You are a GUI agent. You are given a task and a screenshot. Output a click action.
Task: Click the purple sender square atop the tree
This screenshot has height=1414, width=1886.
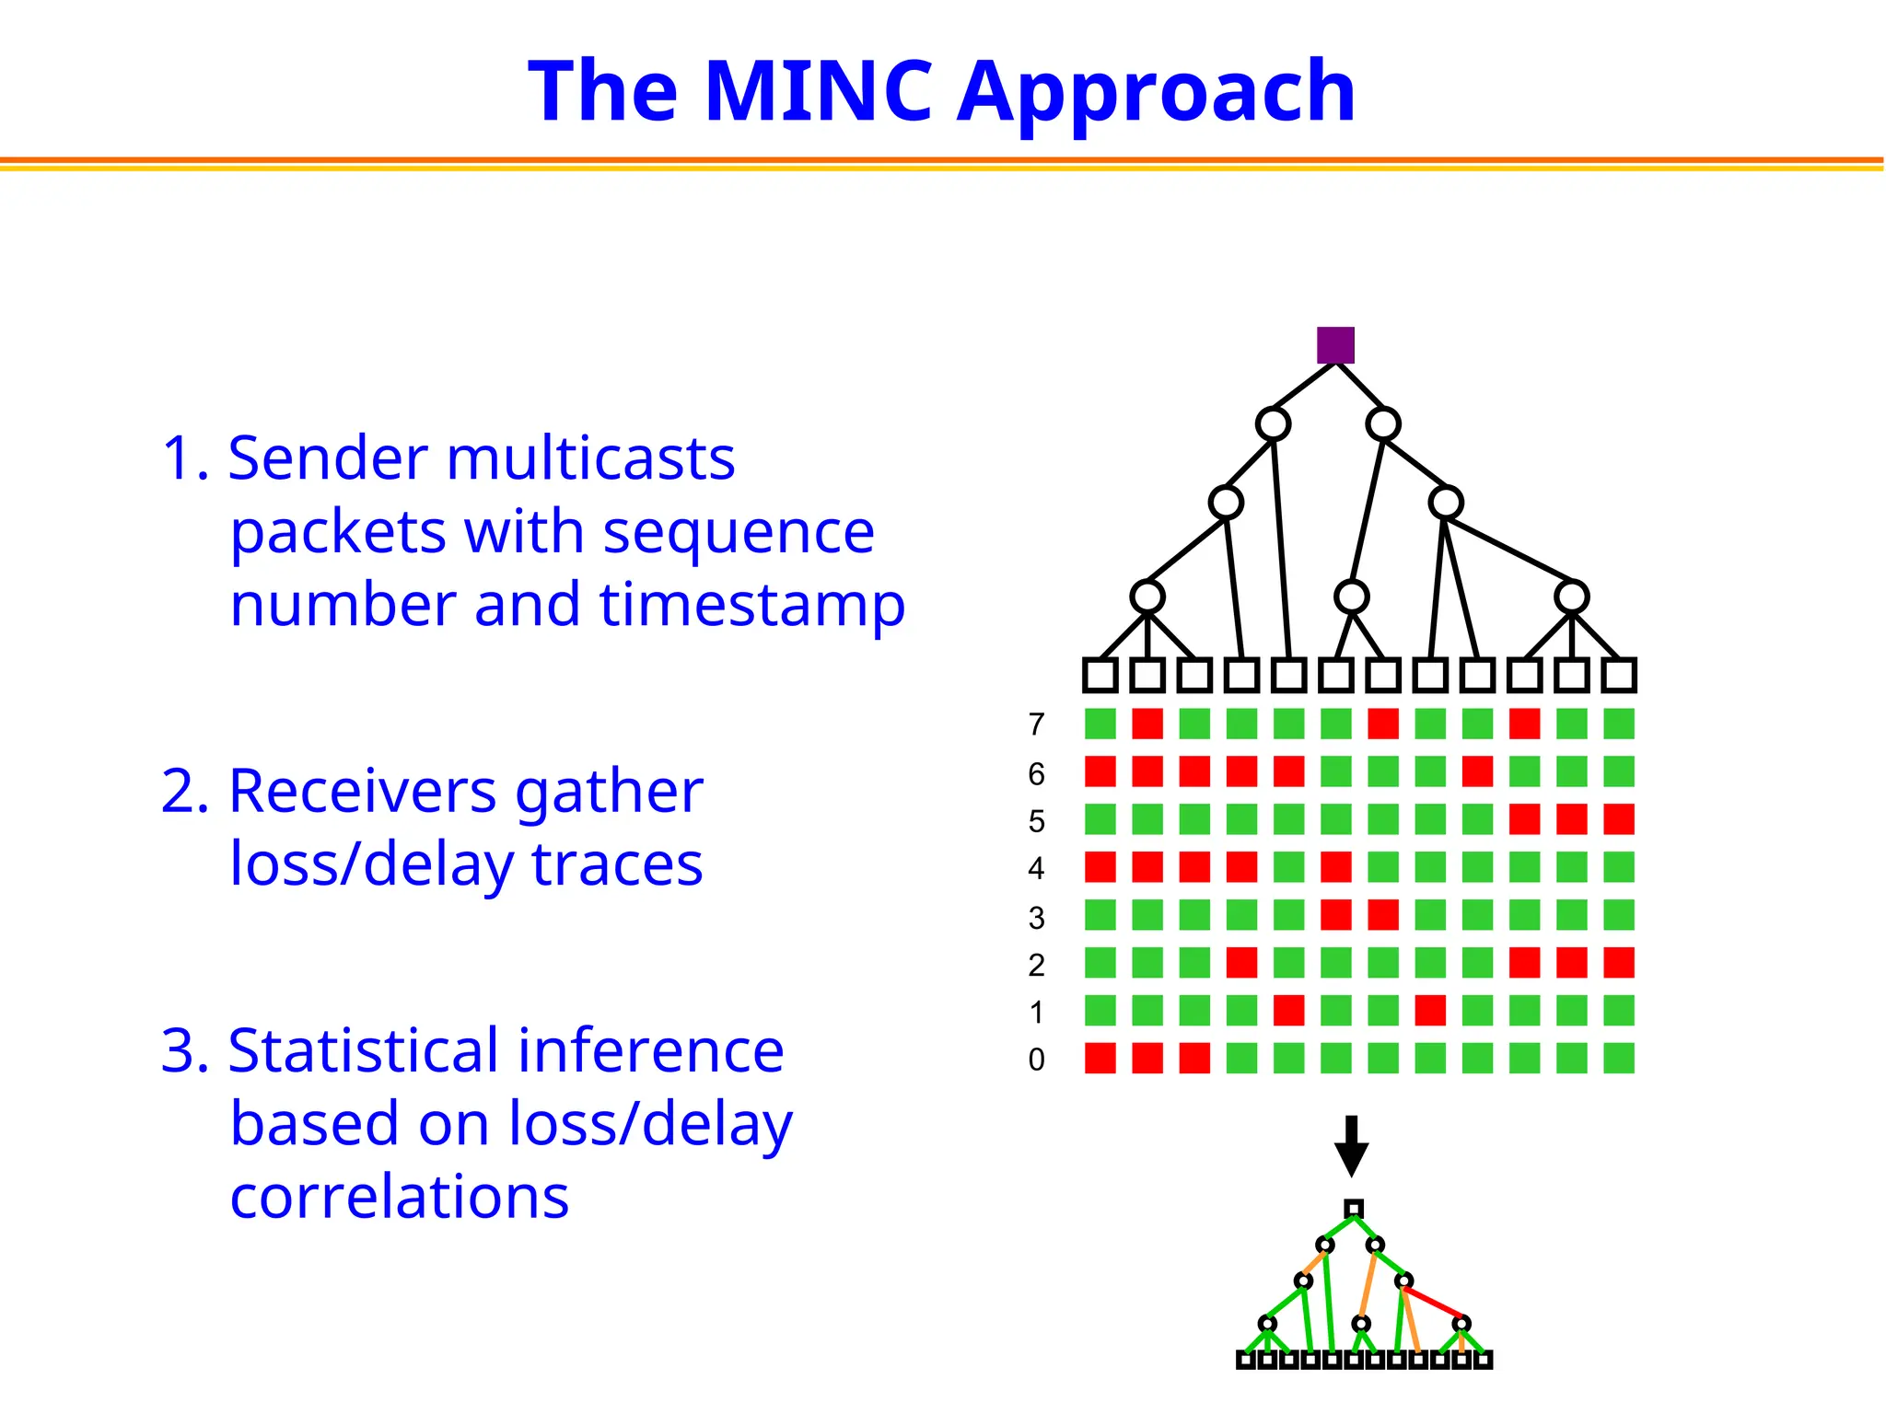tap(1335, 345)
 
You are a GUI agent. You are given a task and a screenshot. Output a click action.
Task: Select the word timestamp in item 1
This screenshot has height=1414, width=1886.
tap(751, 606)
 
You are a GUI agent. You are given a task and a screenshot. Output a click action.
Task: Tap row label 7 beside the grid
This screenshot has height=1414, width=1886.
tap(1036, 725)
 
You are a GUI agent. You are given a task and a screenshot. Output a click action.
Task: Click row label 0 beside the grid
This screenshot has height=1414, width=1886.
tap(1036, 1060)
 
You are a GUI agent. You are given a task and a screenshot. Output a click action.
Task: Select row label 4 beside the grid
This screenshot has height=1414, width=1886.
tap(1036, 868)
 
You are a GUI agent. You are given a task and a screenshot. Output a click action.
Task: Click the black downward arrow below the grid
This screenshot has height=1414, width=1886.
tap(1351, 1147)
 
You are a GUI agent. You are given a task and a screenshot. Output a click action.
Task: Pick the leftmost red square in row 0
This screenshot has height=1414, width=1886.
tap(1100, 1058)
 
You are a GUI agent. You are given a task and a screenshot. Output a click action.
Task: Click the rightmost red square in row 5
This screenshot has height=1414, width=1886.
tap(1618, 818)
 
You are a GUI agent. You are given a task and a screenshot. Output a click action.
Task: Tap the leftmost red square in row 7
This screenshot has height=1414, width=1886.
tap(1147, 724)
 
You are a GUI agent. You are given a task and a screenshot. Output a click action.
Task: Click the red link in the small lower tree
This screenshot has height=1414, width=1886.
tap(1433, 1303)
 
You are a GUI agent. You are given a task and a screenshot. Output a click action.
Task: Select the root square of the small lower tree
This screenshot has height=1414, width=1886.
tap(1353, 1209)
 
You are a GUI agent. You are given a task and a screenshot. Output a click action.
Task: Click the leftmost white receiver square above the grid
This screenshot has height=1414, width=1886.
tap(1100, 675)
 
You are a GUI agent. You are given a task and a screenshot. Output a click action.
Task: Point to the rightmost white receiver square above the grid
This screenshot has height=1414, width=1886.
tap(1618, 675)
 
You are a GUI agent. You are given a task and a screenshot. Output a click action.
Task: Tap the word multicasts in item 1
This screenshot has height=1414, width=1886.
tap(590, 458)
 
